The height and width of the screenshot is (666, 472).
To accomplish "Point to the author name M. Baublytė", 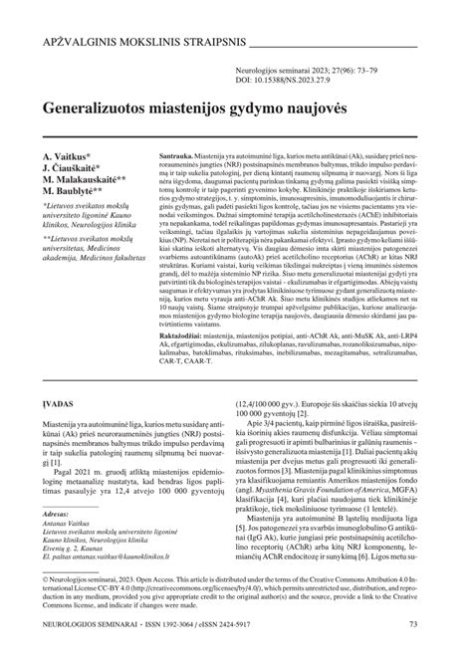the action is [x=83, y=193].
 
